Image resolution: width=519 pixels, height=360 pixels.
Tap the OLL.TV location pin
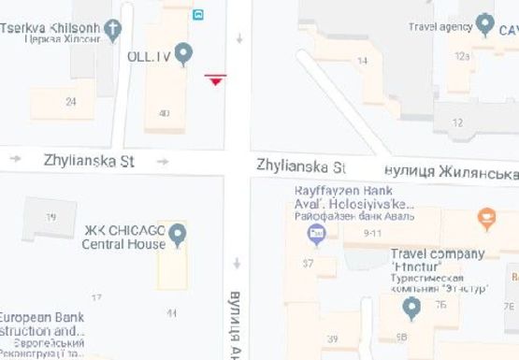tap(183, 53)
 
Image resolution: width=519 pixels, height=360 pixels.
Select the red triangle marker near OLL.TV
tap(216, 80)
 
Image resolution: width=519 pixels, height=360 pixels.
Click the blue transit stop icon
tap(198, 14)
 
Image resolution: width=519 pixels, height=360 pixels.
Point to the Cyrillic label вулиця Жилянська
tap(453, 172)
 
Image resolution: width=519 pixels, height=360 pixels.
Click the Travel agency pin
tap(484, 24)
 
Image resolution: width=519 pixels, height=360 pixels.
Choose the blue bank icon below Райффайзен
tap(316, 233)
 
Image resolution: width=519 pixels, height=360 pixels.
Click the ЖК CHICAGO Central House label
tap(123, 238)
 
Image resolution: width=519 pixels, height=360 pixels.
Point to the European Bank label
tap(42, 323)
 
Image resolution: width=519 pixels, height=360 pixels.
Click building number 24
tap(71, 101)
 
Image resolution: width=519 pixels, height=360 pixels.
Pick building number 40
tap(165, 113)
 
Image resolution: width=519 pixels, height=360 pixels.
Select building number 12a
tap(462, 56)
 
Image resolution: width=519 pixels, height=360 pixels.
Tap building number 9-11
tap(374, 232)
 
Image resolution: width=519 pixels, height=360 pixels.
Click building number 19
tap(50, 217)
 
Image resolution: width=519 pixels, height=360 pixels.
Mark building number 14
tap(363, 61)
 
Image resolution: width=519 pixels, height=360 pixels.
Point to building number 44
tap(170, 313)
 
